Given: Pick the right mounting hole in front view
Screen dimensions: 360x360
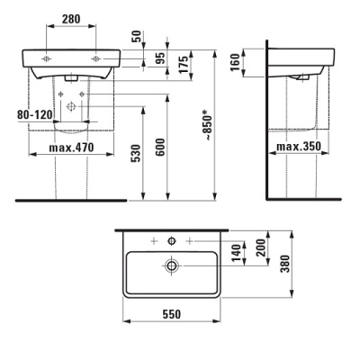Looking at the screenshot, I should [94, 56].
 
